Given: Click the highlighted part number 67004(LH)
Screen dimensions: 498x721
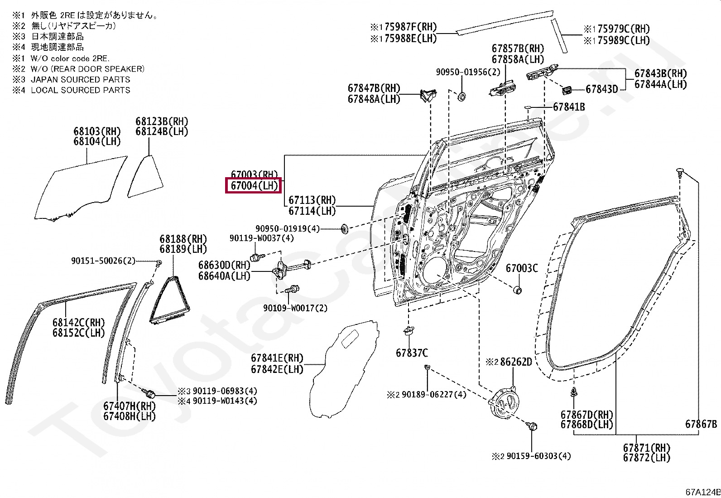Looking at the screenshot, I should pyautogui.click(x=254, y=185).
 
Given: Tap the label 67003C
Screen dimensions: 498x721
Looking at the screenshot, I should pyautogui.click(x=521, y=268).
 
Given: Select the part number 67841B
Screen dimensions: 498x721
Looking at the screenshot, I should pyautogui.click(x=568, y=107).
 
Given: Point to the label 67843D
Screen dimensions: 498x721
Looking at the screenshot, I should pyautogui.click(x=601, y=89).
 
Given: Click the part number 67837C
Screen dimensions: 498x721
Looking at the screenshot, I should pyautogui.click(x=411, y=353).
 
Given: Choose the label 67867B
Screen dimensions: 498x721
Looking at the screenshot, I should pyautogui.click(x=701, y=424).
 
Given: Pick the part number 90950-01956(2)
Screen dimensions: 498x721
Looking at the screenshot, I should pyautogui.click(x=468, y=72).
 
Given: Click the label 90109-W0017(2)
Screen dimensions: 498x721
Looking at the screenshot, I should pyautogui.click(x=295, y=308).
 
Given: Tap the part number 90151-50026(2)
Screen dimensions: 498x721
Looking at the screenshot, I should pyautogui.click(x=103, y=261).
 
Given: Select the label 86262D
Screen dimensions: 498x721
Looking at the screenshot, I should pyautogui.click(x=515, y=362).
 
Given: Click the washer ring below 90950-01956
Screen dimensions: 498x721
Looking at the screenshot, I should pyautogui.click(x=462, y=97).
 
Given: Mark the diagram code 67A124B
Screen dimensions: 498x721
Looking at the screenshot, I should pyautogui.click(x=702, y=492).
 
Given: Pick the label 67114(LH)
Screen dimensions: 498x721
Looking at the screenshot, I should pyautogui.click(x=312, y=211).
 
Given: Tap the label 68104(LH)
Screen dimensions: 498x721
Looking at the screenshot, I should pyautogui.click(x=97, y=141).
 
